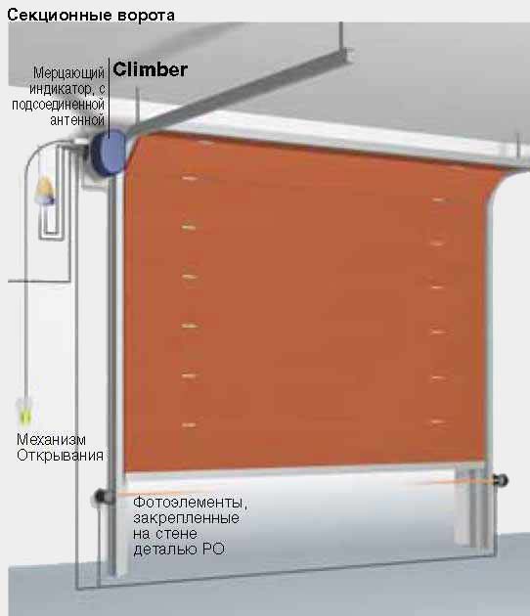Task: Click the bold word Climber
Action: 150,69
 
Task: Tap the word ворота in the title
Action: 146,16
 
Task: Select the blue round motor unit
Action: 108,153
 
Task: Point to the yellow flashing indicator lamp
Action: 44,190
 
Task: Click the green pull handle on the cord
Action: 24,412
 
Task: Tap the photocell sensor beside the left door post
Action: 102,497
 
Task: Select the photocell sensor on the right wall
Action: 501,480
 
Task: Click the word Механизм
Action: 51,439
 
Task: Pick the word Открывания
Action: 60,456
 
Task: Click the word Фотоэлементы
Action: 188,502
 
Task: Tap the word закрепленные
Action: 186,518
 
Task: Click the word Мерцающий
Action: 68,73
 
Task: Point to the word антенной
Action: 77,120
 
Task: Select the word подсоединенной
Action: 58,105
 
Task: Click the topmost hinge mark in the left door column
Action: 189,178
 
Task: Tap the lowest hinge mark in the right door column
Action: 437,422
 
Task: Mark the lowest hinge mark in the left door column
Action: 189,424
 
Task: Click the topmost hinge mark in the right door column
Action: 438,200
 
